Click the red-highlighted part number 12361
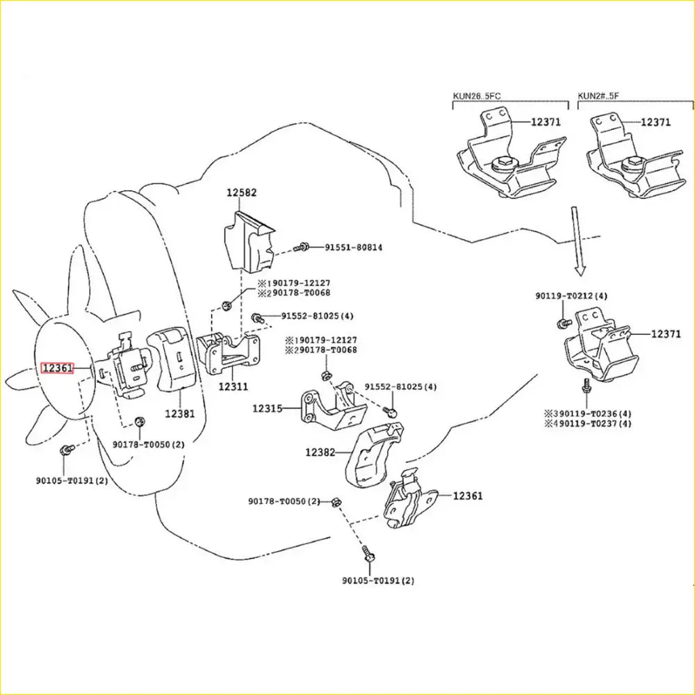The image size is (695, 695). [57, 368]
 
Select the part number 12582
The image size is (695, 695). [242, 192]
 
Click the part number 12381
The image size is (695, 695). [179, 413]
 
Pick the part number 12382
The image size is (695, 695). [320, 452]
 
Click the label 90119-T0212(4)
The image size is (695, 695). [571, 296]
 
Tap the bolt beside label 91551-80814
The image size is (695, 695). [302, 247]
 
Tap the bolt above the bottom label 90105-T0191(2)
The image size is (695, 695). [368, 555]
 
